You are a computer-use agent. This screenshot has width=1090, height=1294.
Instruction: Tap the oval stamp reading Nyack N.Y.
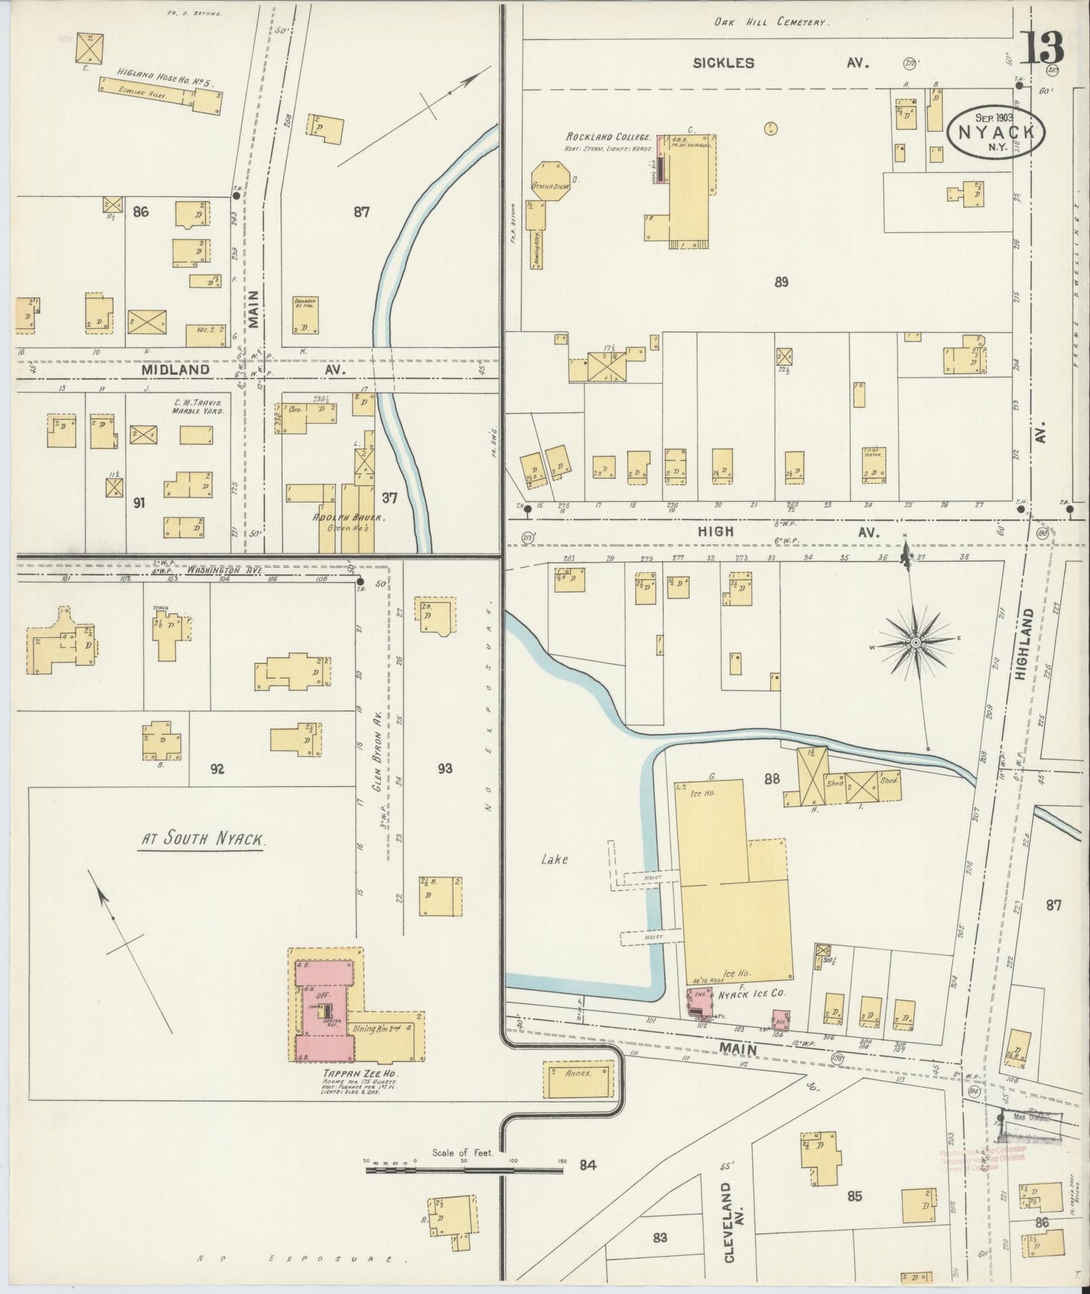996,131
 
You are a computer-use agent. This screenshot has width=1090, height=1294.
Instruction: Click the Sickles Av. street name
781,63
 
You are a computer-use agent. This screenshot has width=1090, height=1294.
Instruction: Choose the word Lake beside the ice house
554,858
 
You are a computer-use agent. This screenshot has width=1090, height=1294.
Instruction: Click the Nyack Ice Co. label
751,994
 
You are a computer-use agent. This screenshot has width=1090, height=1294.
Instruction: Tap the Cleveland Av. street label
727,1222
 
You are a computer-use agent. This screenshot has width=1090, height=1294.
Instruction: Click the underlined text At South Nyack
201,840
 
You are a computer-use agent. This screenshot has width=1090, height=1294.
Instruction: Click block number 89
781,282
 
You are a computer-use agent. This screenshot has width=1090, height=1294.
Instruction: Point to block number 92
217,769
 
